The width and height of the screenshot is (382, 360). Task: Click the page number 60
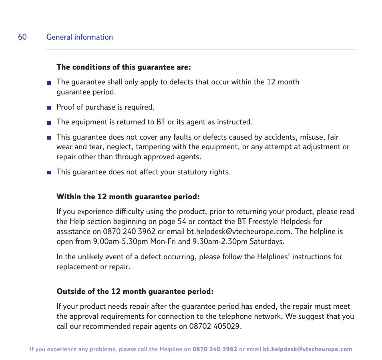[x=22, y=37]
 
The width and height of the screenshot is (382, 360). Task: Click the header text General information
[x=79, y=37]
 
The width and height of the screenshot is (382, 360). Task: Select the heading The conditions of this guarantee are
[x=123, y=67]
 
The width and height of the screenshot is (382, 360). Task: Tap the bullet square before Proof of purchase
[x=49, y=108]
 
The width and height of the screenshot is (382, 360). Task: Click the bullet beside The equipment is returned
[x=49, y=122]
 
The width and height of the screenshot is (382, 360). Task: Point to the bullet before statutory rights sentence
[x=49, y=172]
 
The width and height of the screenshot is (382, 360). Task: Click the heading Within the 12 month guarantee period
[x=128, y=197]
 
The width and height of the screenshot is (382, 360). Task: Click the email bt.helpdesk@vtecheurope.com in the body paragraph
[x=239, y=232]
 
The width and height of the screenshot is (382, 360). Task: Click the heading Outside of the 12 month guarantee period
[x=135, y=292]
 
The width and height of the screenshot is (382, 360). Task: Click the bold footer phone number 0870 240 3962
[x=215, y=349]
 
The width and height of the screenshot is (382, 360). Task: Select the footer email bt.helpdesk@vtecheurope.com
[x=307, y=349]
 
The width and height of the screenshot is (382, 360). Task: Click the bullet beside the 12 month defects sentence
[x=49, y=83]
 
